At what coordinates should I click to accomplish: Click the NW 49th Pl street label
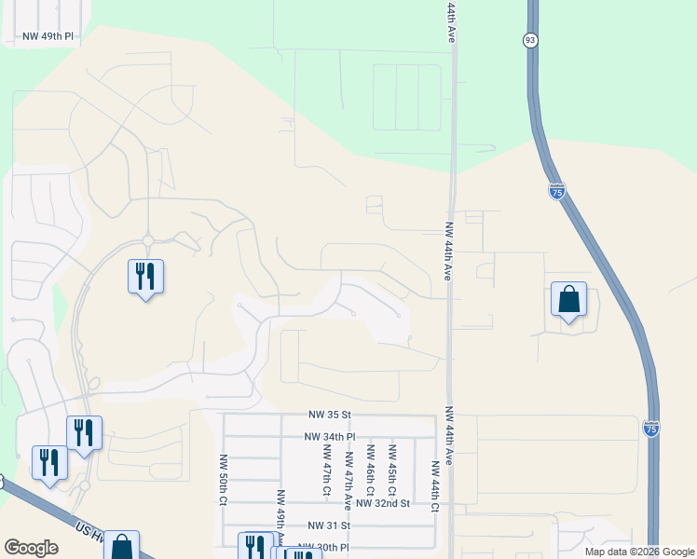click(42, 37)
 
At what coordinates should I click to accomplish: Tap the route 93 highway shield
click(529, 39)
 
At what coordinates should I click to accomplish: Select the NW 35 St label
click(330, 414)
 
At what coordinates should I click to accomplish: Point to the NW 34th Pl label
click(330, 436)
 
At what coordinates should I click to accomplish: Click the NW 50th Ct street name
click(224, 480)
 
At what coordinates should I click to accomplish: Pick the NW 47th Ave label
click(348, 481)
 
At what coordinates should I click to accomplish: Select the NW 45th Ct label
click(392, 468)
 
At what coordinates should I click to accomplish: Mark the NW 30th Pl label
click(322, 548)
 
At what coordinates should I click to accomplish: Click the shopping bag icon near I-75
click(568, 300)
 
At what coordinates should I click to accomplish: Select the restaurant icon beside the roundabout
click(145, 277)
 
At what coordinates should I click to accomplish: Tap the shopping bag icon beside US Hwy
click(121, 546)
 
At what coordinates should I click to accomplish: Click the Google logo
click(31, 548)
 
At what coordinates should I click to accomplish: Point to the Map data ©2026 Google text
click(638, 552)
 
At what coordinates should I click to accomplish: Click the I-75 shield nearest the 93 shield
click(556, 191)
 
